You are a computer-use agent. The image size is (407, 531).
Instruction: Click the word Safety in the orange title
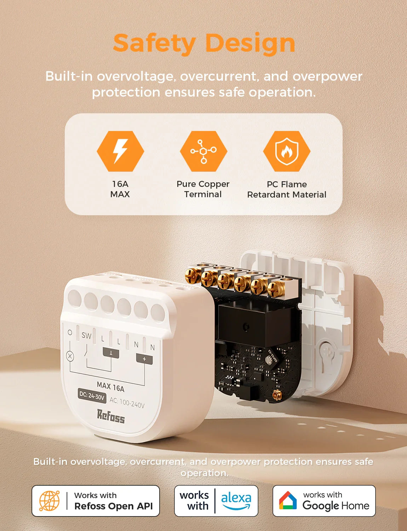tap(154, 43)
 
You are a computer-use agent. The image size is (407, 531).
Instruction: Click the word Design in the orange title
tap(250, 43)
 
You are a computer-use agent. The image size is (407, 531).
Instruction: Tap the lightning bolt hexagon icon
tap(120, 151)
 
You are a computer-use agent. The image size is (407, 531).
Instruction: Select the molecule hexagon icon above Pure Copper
tap(203, 151)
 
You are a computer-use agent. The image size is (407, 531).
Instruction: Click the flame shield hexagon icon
tap(287, 151)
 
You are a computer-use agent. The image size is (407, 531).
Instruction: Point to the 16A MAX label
tap(120, 189)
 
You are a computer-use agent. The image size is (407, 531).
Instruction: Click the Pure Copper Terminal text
tap(203, 189)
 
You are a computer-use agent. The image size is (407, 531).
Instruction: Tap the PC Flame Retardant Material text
tap(287, 189)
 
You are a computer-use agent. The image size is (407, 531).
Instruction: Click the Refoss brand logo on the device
tap(111, 416)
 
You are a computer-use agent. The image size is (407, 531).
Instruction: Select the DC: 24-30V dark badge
tap(92, 396)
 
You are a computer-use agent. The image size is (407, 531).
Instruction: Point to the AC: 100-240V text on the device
tap(127, 403)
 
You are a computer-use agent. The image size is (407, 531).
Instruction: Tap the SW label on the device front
tap(86, 335)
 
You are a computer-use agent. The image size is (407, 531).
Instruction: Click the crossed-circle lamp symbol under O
tap(70, 356)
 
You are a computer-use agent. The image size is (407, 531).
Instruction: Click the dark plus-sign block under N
tap(144, 359)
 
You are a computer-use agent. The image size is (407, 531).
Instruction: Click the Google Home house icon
tap(288, 501)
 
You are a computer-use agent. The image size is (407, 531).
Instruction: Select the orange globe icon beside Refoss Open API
tap(49, 501)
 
